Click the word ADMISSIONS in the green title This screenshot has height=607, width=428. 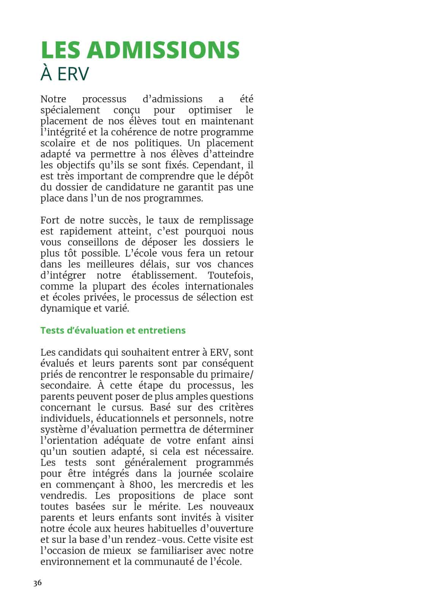point(163,50)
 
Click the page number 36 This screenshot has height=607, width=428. point(37,583)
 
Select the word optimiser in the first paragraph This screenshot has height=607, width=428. point(210,110)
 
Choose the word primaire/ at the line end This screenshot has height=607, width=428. point(232,375)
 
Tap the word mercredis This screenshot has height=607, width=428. point(201,485)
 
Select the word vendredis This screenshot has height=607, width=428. point(63,496)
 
